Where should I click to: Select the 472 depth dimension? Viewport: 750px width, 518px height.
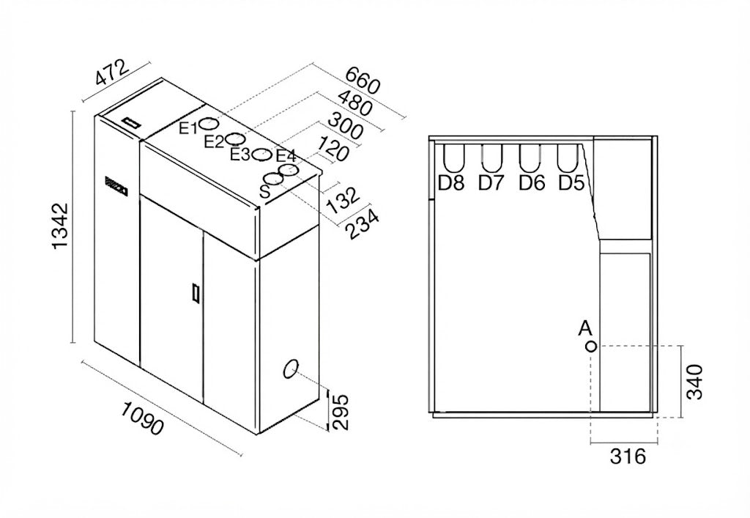click(x=112, y=73)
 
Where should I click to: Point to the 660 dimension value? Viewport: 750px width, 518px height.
click(x=363, y=80)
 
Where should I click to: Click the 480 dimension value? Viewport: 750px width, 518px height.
click(x=354, y=103)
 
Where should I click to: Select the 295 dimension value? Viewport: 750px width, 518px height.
click(x=340, y=412)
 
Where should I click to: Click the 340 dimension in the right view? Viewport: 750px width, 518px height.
click(x=695, y=381)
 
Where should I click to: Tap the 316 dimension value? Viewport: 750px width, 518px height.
click(x=628, y=456)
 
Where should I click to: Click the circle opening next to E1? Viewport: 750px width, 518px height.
click(x=209, y=123)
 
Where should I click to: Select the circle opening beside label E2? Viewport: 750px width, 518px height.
click(x=236, y=138)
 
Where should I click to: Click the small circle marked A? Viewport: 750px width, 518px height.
click(x=591, y=346)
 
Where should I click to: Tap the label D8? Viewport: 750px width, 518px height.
click(x=451, y=182)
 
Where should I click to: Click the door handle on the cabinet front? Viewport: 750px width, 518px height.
click(x=195, y=292)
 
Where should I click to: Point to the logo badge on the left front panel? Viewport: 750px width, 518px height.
click(x=116, y=184)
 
